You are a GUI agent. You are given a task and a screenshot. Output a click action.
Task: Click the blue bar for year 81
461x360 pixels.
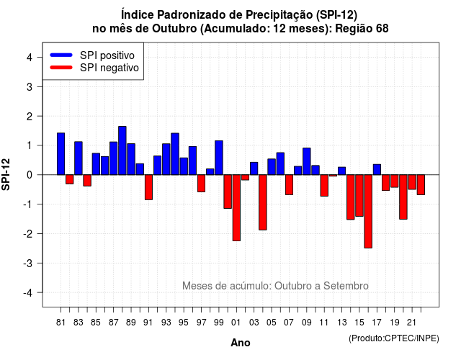coord(61,153)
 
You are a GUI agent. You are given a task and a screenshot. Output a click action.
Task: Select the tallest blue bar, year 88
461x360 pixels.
coord(122,150)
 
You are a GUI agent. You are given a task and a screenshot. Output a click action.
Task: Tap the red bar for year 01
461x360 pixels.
coord(236,208)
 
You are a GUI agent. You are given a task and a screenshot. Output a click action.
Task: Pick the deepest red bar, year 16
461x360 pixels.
coord(368,211)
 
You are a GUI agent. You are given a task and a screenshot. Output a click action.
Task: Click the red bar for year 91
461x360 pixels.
coord(149,187)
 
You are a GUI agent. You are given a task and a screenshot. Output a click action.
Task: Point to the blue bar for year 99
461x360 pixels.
coord(219,158)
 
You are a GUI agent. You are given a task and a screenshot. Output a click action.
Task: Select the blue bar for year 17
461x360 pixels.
coord(377,170)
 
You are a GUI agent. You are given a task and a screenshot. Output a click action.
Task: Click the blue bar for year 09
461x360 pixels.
coord(307,161)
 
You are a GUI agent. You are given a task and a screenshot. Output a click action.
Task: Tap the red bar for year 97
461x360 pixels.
coord(202,184)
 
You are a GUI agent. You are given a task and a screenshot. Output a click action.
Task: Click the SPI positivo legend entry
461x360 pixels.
coord(92,55)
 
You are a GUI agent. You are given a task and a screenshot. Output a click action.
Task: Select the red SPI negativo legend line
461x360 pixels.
coord(61,67)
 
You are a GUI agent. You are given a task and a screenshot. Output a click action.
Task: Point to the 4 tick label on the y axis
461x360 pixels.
coord(30,58)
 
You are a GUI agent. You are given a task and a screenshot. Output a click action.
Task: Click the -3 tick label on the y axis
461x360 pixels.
coord(28,263)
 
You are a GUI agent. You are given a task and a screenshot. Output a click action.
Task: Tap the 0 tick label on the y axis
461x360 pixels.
coord(30,175)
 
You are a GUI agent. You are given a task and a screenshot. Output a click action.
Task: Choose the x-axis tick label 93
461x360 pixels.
coord(166,323)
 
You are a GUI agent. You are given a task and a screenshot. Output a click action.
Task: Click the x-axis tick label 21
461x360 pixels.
coord(412,323)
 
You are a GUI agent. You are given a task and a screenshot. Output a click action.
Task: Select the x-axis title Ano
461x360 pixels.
coord(241,343)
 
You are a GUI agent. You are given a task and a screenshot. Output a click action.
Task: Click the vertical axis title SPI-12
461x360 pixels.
coord(6,174)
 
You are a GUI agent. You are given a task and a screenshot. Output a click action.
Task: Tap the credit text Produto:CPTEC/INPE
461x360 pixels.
coord(394,338)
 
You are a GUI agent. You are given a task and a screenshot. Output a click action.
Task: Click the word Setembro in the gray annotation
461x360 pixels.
coord(346,286)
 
